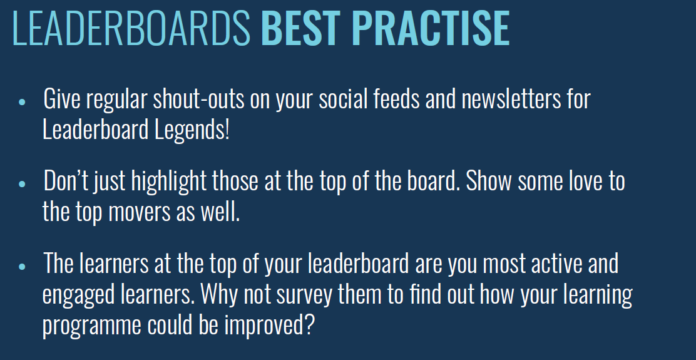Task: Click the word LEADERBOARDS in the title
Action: [131, 28]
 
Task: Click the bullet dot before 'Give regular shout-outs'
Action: [23, 101]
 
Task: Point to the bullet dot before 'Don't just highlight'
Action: [23, 184]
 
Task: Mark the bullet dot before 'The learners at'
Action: [23, 266]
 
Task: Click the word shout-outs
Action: [198, 99]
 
